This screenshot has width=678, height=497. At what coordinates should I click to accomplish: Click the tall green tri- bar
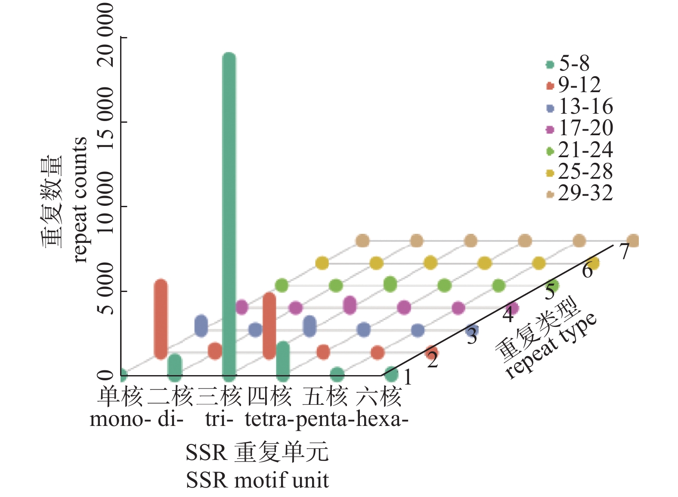[x=229, y=215]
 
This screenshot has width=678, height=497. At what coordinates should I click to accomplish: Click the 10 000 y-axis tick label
[x=105, y=202]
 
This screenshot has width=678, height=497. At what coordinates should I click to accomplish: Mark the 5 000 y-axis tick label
[x=105, y=289]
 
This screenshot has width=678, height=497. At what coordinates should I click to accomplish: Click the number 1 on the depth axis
[x=408, y=377]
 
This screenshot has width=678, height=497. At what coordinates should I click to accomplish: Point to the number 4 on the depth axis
[x=509, y=315]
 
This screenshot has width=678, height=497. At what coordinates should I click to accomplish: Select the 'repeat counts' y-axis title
[x=80, y=200]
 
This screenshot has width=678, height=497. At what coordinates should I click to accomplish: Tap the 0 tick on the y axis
[x=105, y=375]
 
